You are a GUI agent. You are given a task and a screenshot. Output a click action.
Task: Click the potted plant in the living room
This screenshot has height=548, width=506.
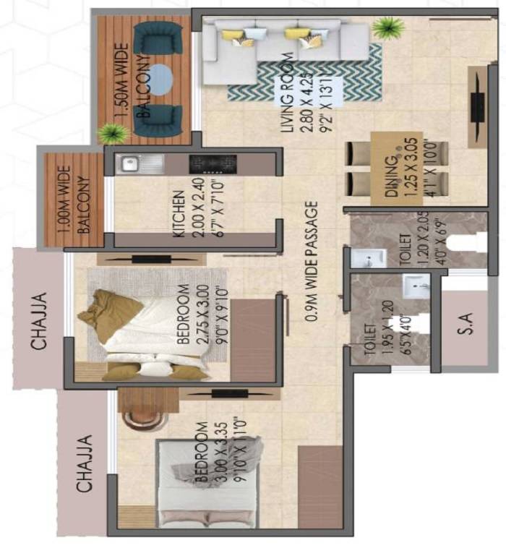coord(388,29)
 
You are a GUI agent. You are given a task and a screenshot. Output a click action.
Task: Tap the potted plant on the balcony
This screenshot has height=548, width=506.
coord(112,134)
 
